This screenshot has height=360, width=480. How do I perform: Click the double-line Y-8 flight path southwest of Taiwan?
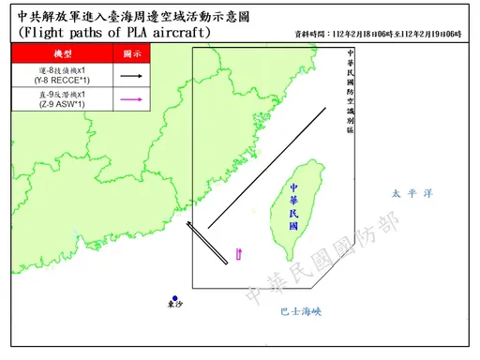click(x=208, y=245)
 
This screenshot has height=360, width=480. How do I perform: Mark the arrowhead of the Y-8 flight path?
click(x=187, y=223)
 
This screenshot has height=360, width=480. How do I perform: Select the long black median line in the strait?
click(x=267, y=167)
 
